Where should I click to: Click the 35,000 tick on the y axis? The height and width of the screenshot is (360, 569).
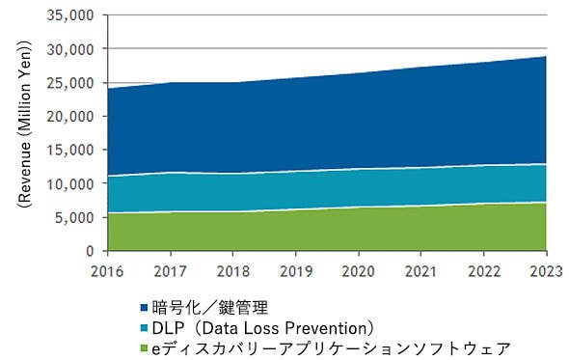[x=70, y=15]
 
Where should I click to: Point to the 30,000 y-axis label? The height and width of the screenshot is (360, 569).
[x=70, y=49]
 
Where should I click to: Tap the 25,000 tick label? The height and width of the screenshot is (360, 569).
[x=70, y=83]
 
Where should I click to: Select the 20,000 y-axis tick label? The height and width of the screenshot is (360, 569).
[x=70, y=116]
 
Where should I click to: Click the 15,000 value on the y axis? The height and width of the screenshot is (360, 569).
[x=70, y=150]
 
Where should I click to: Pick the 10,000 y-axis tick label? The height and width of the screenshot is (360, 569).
[x=70, y=183]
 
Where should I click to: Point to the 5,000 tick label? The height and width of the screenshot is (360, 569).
[x=74, y=217]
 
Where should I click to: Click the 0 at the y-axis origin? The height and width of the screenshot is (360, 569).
[x=90, y=251]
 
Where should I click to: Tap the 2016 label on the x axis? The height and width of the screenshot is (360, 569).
[x=107, y=271]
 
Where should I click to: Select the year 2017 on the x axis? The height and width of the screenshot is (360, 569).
[x=170, y=271]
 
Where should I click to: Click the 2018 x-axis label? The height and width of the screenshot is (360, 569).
[x=233, y=271]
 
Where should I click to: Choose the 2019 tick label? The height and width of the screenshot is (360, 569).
[x=296, y=271]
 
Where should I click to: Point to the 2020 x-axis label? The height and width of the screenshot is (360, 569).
[x=359, y=271]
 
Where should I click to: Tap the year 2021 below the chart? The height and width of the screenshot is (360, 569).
[x=420, y=271]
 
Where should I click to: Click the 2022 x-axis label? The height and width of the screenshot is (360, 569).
[x=484, y=271]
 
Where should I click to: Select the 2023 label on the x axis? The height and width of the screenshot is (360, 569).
[x=547, y=271]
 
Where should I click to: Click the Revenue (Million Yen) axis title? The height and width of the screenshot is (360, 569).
[x=24, y=124]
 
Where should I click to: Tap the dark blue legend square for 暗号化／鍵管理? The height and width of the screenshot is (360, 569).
[x=145, y=308]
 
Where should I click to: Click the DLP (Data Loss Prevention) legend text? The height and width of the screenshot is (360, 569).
[x=262, y=328]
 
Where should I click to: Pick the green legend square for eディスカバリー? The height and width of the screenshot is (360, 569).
[x=145, y=349]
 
